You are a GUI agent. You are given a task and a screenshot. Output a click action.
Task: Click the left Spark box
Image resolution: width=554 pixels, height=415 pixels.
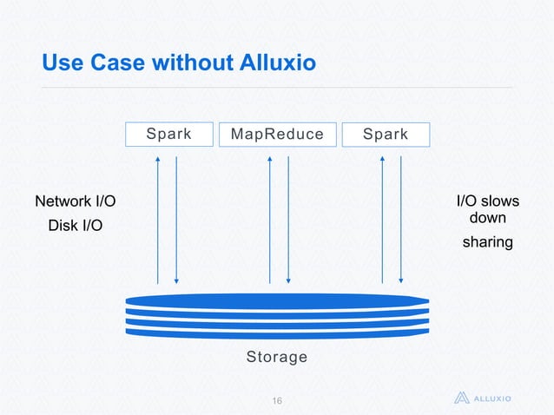click(x=168, y=135)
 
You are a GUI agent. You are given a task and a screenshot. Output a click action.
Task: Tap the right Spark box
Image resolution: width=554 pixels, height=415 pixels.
click(x=386, y=135)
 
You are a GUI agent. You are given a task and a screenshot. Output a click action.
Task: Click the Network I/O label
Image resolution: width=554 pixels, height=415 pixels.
click(x=74, y=202)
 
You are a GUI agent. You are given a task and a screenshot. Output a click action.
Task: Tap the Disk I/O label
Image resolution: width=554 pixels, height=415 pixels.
click(x=74, y=226)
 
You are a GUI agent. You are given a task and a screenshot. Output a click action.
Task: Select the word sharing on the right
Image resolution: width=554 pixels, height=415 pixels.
click(x=487, y=242)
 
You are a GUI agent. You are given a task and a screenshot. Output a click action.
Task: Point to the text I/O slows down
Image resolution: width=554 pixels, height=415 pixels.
click(x=487, y=209)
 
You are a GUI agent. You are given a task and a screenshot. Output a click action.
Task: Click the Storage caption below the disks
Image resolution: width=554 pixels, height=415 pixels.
click(x=277, y=357)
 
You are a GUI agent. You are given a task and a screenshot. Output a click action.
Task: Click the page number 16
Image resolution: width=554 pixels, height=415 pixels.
click(x=278, y=400)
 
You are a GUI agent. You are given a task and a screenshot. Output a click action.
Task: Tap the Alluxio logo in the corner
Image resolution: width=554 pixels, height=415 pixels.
click(x=484, y=399)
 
